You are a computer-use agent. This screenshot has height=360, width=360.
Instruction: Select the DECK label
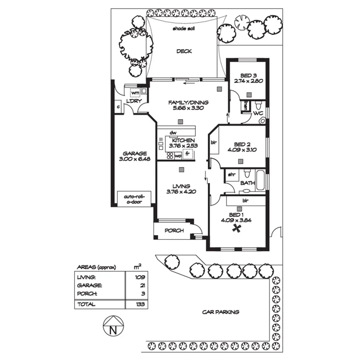point(184,51)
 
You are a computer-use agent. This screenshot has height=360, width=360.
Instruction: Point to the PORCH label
point(173,231)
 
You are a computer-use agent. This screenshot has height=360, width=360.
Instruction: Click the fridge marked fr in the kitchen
point(187,154)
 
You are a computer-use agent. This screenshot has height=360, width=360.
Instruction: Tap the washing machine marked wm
point(135,93)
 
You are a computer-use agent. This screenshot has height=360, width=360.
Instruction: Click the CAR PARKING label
point(221,312)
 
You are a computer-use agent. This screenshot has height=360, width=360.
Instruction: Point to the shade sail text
point(183,29)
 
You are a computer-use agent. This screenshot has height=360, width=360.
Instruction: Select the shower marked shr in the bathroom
point(231,175)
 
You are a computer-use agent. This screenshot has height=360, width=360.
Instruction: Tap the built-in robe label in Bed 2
point(213,142)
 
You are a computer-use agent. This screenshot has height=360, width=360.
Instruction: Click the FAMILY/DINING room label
point(188,102)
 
